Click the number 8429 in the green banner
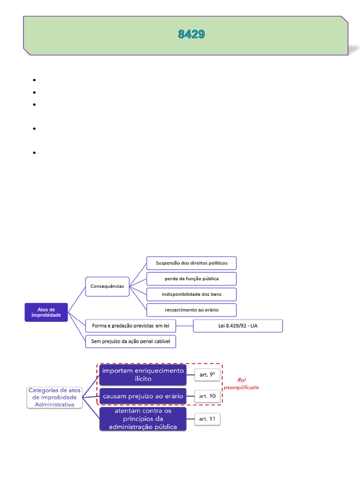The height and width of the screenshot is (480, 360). [191, 34]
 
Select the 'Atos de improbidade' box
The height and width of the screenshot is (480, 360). [46, 312]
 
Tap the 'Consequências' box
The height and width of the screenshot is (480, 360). [107, 286]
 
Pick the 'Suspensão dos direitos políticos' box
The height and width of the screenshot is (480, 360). [192, 263]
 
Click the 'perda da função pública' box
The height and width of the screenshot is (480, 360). [192, 278]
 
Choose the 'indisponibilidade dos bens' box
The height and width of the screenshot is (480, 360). [192, 294]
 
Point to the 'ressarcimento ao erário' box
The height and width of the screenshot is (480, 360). [192, 310]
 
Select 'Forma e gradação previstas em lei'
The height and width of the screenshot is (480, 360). [131, 326]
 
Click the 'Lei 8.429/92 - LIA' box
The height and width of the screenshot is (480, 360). [238, 326]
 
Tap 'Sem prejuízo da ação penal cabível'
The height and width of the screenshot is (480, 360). [131, 341]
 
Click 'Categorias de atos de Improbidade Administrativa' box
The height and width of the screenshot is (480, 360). [54, 397]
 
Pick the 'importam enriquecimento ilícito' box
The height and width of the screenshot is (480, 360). [143, 375]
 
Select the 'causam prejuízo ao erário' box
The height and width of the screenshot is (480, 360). [143, 396]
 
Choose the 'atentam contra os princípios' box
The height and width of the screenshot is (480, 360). [143, 419]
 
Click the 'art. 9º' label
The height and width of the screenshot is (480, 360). [207, 375]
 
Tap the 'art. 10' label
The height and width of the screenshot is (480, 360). [207, 396]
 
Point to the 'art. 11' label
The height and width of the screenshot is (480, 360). [207, 419]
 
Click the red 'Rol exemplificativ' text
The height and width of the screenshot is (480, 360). [241, 383]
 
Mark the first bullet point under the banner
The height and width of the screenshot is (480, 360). [34, 80]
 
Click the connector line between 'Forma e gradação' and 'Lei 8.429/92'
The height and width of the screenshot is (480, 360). [185, 326]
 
